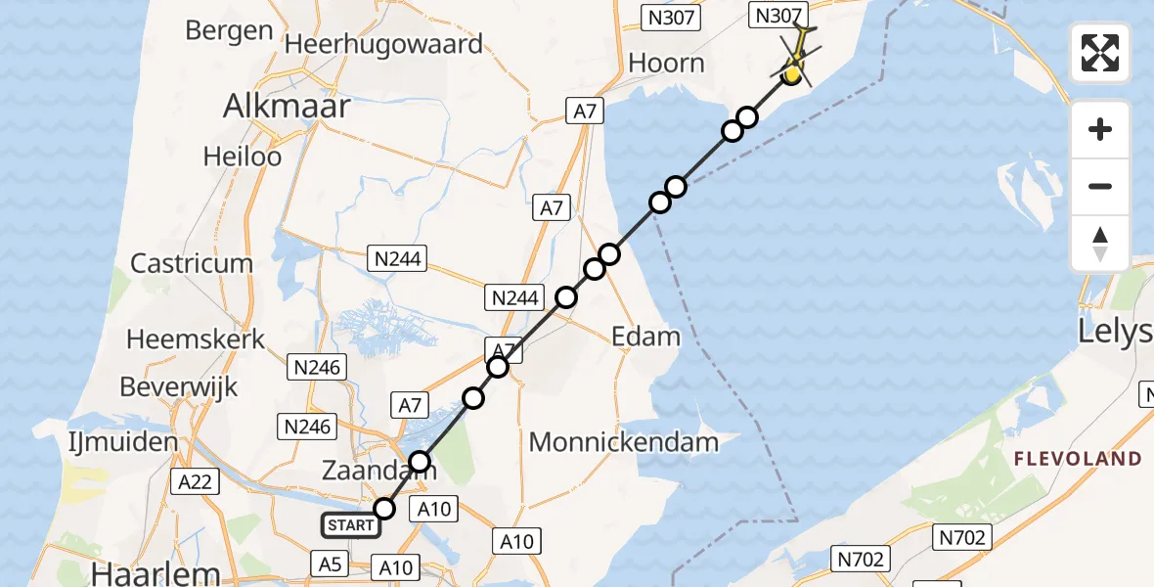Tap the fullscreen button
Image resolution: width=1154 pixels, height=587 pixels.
pyautogui.click(x=1100, y=53)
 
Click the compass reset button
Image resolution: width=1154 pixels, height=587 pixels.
pyautogui.click(x=1100, y=244)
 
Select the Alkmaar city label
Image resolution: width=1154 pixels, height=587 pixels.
pyautogui.click(x=287, y=106)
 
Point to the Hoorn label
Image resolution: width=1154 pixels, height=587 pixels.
pyautogui.click(x=666, y=64)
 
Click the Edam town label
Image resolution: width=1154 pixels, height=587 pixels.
pyautogui.click(x=645, y=338)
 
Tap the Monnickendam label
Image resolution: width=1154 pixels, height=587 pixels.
pyautogui.click(x=624, y=442)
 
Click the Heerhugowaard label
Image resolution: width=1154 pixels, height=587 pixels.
pyautogui.click(x=383, y=44)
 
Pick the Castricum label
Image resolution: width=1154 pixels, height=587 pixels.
pyautogui.click(x=192, y=263)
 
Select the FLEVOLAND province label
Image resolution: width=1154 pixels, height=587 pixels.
pyautogui.click(x=1077, y=459)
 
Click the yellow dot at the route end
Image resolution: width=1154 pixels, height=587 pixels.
pyautogui.click(x=793, y=72)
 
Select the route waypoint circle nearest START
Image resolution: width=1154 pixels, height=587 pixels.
pyautogui.click(x=384, y=508)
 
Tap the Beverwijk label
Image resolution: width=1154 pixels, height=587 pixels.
pyautogui.click(x=179, y=387)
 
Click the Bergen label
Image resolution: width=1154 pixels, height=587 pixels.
pyautogui.click(x=229, y=30)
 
